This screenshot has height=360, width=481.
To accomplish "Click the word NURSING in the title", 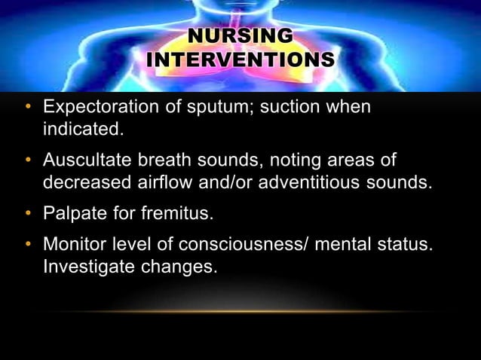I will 240,35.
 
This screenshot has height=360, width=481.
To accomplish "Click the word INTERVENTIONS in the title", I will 240,59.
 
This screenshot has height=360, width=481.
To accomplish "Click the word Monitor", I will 74,246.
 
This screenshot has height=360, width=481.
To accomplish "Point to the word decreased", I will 90,182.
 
